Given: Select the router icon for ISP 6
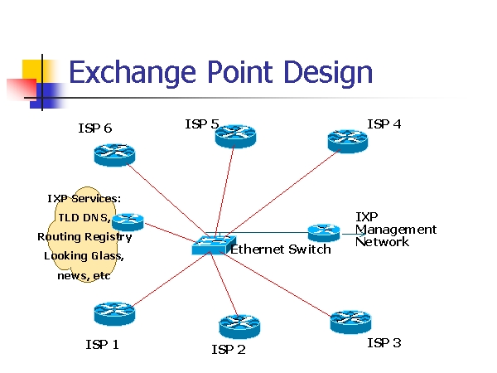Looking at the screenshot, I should (x=113, y=154).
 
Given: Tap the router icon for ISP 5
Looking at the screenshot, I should (x=235, y=135).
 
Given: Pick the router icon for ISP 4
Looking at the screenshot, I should (x=347, y=140).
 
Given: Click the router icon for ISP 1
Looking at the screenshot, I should (x=114, y=313).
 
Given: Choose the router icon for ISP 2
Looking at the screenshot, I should (x=240, y=326).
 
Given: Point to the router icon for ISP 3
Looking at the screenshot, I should (x=350, y=321).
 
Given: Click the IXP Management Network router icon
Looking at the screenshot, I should (x=323, y=232).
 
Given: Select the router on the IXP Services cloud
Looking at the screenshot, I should (x=128, y=221).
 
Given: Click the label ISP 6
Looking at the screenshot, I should (x=94, y=128).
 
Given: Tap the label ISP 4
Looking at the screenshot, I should (x=384, y=124).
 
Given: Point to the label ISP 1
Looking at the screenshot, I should (x=102, y=344).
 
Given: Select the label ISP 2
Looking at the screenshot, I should (x=229, y=350).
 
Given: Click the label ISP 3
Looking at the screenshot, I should (x=384, y=342).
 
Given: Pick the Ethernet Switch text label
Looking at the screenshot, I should (x=280, y=249).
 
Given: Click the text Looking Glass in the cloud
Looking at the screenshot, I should (x=84, y=256).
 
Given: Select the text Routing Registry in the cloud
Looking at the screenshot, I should (x=84, y=237).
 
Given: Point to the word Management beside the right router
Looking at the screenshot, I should (x=396, y=230).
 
